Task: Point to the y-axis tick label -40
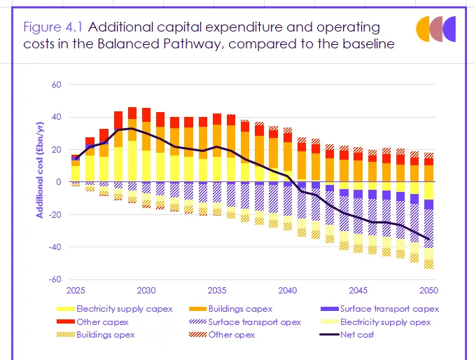(56, 247)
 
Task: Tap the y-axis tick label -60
(56, 279)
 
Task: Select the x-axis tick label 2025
(76, 290)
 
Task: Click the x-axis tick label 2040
(287, 290)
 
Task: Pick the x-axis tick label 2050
(428, 290)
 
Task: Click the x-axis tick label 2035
(216, 290)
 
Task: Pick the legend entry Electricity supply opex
(385, 321)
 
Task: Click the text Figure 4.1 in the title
(53, 28)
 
